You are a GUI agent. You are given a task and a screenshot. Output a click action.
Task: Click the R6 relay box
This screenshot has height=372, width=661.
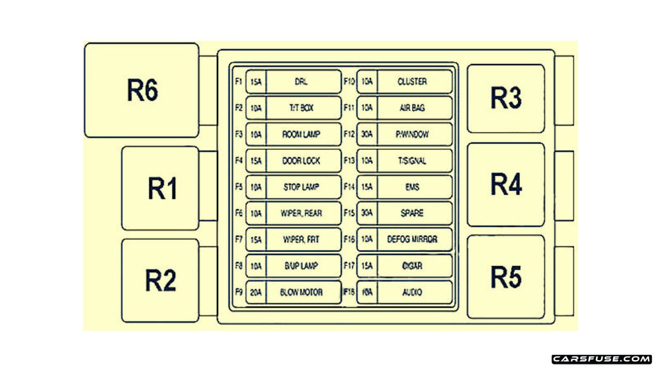(141, 90)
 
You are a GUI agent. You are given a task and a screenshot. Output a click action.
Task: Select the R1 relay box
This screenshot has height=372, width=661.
(160, 188)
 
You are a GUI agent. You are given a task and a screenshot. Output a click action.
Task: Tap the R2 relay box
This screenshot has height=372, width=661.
(160, 280)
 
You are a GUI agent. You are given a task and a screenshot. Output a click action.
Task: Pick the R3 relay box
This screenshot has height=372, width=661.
(506, 98)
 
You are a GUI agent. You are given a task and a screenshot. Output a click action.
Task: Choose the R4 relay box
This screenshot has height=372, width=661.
(506, 184)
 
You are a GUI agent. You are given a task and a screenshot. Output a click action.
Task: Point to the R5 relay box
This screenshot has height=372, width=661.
(506, 276)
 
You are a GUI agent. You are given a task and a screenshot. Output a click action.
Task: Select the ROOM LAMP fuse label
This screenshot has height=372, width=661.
(302, 134)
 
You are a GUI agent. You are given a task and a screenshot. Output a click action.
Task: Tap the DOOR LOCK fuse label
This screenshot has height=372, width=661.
(302, 161)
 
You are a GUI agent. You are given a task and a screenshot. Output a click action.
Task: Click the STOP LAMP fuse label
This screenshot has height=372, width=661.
(302, 187)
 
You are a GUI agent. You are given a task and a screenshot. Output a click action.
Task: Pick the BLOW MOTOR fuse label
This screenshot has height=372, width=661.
(302, 292)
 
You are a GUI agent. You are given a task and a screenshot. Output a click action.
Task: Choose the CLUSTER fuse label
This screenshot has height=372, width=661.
(412, 82)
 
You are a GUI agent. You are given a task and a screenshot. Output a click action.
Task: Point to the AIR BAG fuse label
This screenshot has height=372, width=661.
(412, 108)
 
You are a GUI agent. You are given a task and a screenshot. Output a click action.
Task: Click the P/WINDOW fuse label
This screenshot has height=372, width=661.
(412, 134)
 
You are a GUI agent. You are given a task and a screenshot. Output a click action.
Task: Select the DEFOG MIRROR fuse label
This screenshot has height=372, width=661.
(412, 240)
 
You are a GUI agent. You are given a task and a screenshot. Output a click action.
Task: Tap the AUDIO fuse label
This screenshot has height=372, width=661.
(412, 292)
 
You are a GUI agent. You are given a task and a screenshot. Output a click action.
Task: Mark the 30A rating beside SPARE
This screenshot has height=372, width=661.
(367, 213)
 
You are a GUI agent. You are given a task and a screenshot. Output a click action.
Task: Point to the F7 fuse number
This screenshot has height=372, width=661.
(239, 240)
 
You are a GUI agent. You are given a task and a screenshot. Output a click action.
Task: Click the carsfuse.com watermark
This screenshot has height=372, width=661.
(602, 359)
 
